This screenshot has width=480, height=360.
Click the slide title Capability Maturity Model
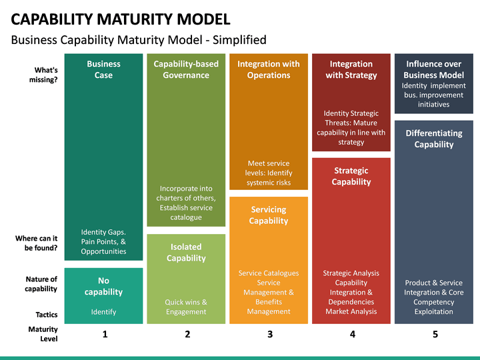click(x=121, y=19)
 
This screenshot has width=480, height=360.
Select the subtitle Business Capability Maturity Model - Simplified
click(x=139, y=40)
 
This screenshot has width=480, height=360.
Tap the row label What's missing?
click(x=43, y=75)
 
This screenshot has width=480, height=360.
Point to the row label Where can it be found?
click(x=37, y=243)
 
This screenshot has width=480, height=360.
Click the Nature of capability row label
click(x=41, y=284)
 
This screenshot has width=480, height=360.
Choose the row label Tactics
click(x=47, y=315)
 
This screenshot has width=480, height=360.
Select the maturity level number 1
click(x=105, y=334)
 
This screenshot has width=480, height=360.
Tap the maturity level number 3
click(x=270, y=334)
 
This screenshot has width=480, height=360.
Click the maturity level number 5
click(x=435, y=334)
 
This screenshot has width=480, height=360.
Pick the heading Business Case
click(x=103, y=69)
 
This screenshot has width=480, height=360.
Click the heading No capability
click(x=103, y=286)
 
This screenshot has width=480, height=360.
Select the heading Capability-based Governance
click(x=186, y=69)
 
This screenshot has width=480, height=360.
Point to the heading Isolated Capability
click(x=186, y=253)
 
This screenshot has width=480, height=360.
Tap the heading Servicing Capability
click(x=269, y=215)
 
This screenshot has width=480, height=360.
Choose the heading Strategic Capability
click(x=351, y=176)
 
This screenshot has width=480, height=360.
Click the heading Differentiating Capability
click(x=434, y=139)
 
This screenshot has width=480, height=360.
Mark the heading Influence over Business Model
click(x=434, y=69)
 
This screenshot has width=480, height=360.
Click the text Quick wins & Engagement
click(x=186, y=307)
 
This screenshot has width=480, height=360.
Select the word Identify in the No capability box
click(x=103, y=312)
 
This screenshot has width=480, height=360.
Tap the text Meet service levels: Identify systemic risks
click(x=269, y=173)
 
